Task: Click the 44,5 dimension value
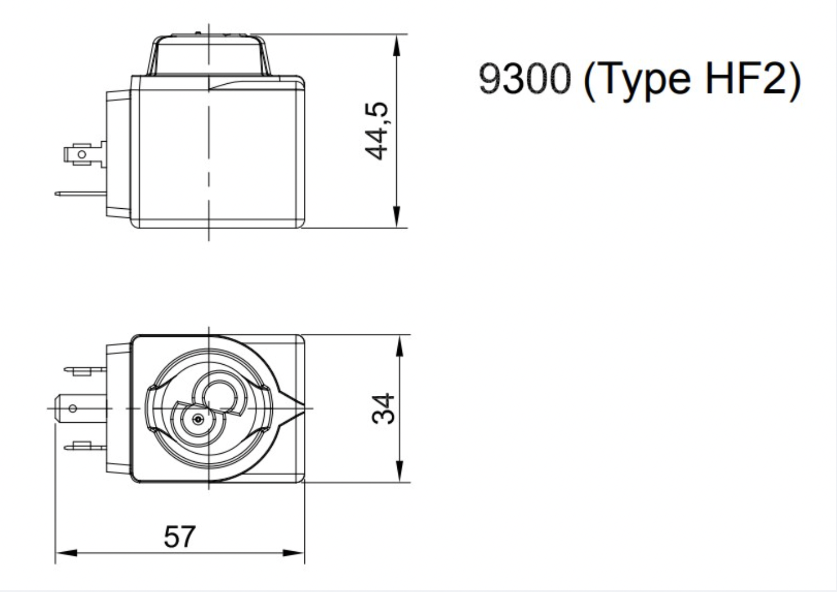click(377, 131)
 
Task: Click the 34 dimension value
click(384, 408)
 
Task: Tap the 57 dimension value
click(179, 537)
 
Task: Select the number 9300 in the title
click(525, 79)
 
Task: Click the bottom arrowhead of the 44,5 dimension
click(397, 216)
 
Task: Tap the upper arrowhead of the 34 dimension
click(400, 346)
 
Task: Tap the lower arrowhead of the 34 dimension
click(400, 471)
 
